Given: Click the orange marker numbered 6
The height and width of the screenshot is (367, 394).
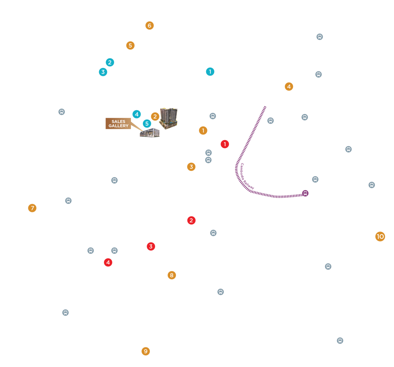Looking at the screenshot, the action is [149, 25].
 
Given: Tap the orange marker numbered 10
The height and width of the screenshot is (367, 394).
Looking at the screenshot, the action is [380, 236].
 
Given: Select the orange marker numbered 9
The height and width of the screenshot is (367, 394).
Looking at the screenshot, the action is [146, 351].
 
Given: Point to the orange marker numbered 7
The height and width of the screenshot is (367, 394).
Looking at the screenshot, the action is [32, 208].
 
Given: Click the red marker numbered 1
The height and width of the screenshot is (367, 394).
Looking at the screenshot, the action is [225, 144].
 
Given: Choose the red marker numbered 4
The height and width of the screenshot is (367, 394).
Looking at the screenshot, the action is [108, 263].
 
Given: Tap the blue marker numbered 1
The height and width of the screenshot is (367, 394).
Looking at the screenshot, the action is [210, 71].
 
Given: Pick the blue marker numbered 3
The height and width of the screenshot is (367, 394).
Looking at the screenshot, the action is [103, 72].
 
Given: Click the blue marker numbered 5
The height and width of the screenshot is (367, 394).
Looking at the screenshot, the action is [147, 124].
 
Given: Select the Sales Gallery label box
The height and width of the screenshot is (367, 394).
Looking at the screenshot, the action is [118, 124].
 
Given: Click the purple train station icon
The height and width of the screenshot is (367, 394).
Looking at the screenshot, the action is [305, 193].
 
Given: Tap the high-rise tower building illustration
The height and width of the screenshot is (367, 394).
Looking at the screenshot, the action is [169, 118].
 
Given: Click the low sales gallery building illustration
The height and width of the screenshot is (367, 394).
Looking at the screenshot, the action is [150, 132].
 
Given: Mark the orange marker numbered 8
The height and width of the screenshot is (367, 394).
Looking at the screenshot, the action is [172, 275].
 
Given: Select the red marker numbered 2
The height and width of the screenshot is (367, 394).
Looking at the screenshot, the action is [191, 220].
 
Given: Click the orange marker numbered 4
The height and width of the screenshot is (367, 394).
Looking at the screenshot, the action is [289, 87].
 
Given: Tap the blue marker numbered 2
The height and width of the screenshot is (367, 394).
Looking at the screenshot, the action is [110, 62].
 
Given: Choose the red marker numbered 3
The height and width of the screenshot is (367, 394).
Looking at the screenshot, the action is [151, 246].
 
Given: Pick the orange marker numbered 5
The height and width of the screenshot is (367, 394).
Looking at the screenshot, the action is [130, 45].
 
